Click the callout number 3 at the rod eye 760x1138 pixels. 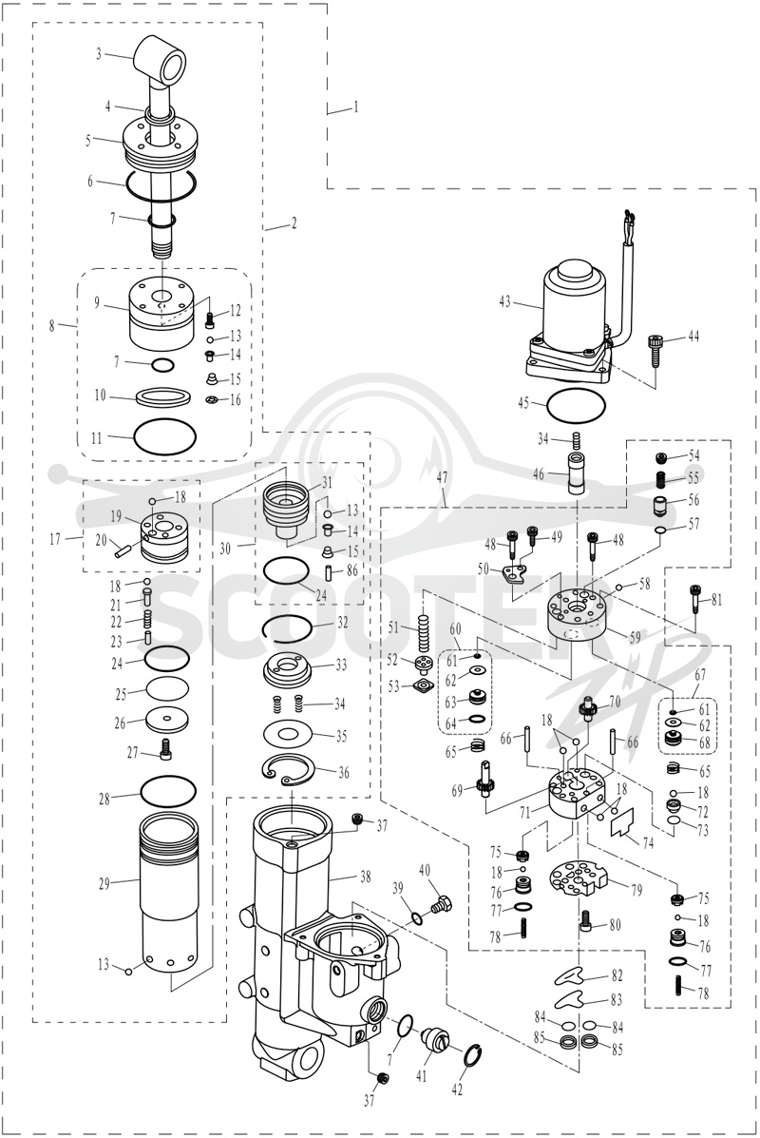99,53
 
